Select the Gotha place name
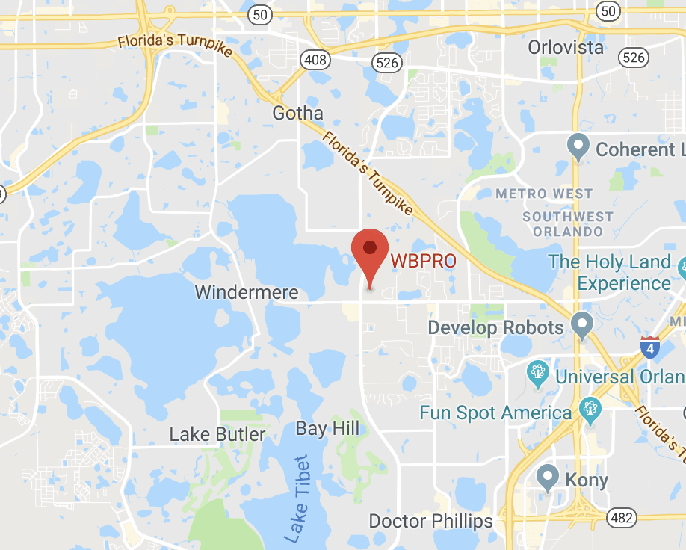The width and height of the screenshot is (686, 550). tap(297, 114)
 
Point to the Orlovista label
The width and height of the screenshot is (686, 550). tap(565, 47)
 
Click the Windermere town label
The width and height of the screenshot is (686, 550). tap(247, 292)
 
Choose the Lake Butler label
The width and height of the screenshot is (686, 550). tap(217, 434)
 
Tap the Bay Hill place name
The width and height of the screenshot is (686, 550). tap(327, 428)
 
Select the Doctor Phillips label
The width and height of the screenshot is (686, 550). tap(431, 521)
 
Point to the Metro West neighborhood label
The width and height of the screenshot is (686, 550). tap(544, 194)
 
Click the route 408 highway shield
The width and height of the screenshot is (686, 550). tap(315, 60)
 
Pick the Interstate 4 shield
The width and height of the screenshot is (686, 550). tap(649, 347)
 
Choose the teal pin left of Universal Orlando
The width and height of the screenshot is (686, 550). tap(538, 374)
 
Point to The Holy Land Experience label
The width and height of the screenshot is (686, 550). tap(610, 272)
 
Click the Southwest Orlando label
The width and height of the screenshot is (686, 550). tap(568, 224)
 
